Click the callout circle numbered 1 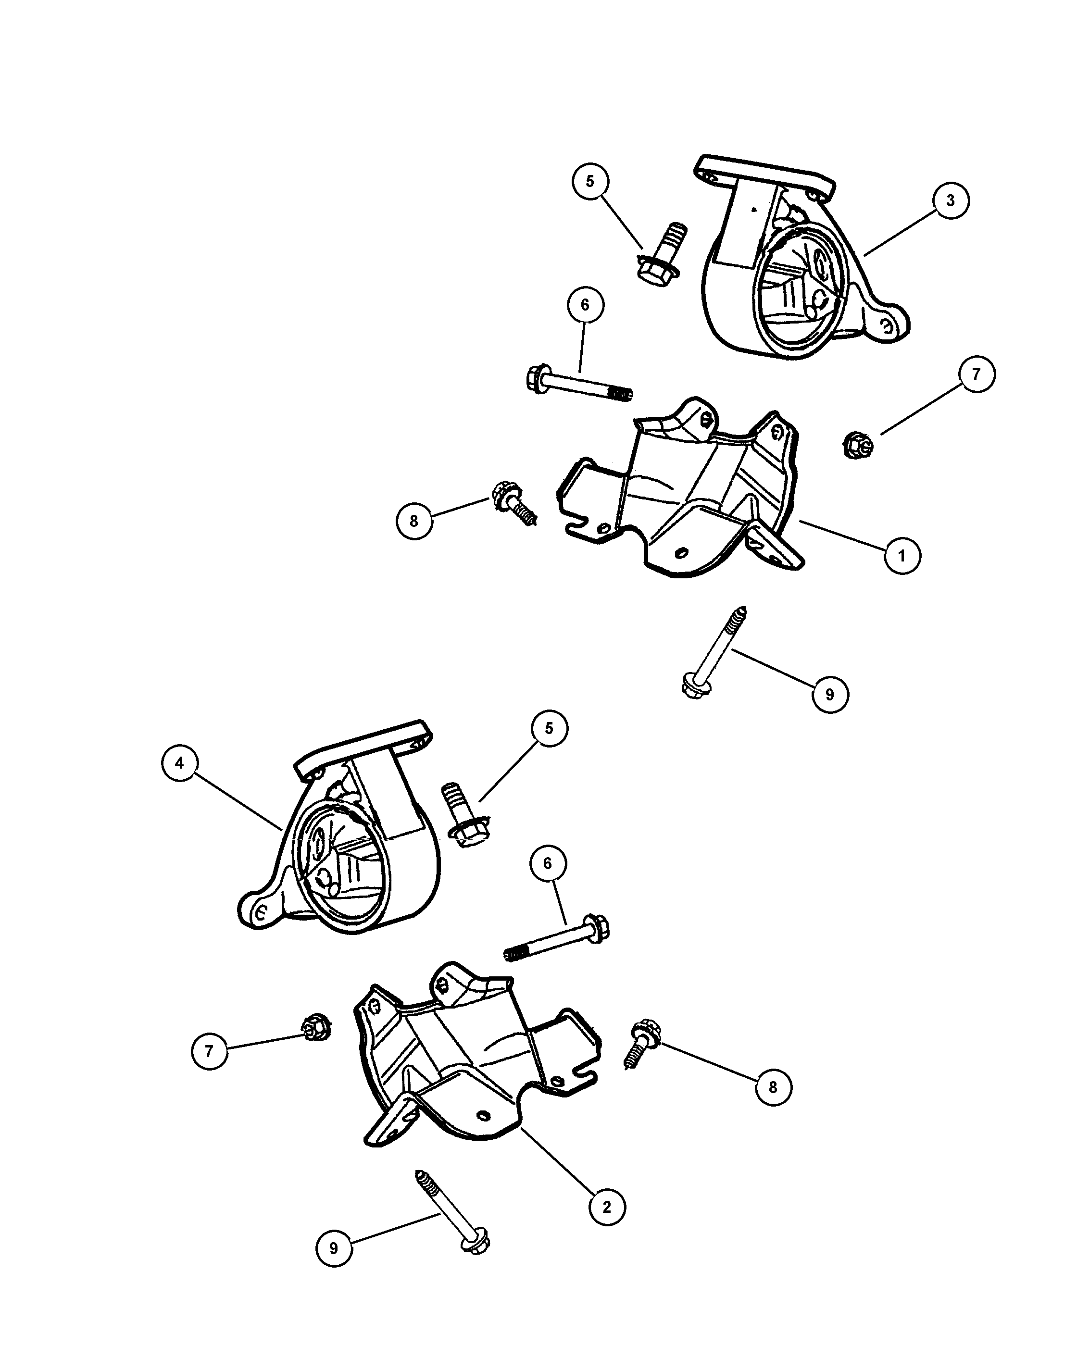click(x=902, y=555)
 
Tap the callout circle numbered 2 click(x=607, y=1207)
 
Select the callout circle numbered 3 click(x=950, y=200)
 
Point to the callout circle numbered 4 click(x=180, y=763)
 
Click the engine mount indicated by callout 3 click(x=799, y=262)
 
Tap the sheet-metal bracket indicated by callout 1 click(x=680, y=493)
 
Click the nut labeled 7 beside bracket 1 click(x=857, y=445)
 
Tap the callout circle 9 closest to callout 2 click(x=333, y=1248)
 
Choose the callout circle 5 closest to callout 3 click(x=590, y=181)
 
